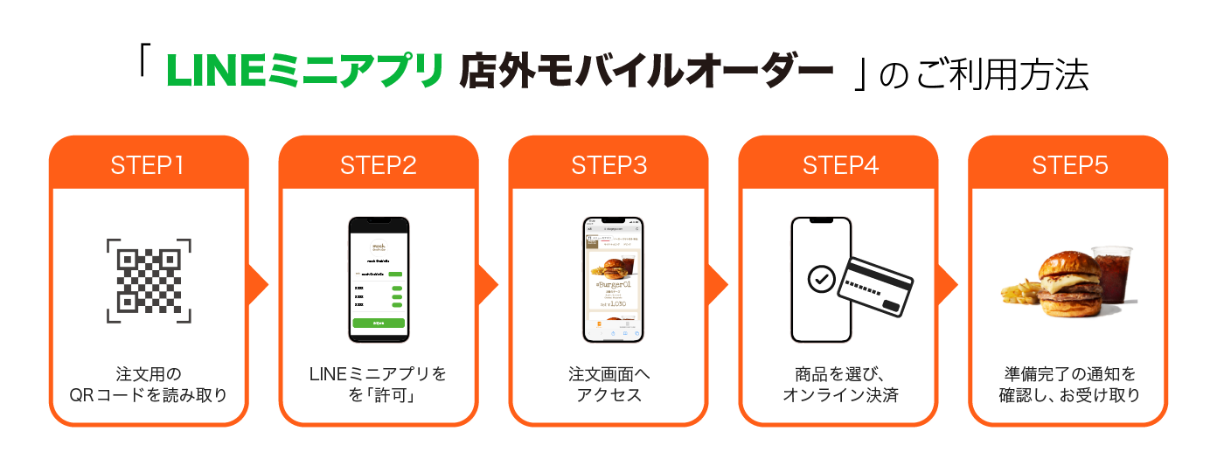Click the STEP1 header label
tap(148, 165)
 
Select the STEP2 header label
tap(379, 165)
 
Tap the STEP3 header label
tap(609, 165)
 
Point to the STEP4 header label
tap(839, 165)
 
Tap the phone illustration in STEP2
tap(379, 279)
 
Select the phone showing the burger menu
tap(613, 279)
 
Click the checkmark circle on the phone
tap(821, 279)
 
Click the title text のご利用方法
tap(982, 75)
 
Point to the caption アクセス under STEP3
tap(609, 395)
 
